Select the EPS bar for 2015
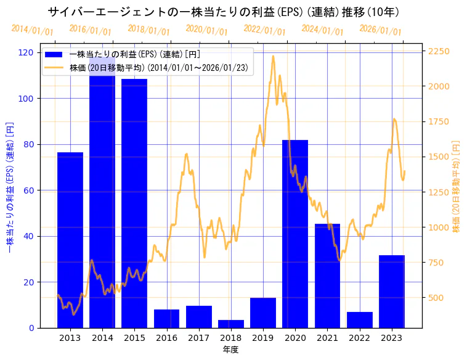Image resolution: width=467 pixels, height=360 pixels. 134,203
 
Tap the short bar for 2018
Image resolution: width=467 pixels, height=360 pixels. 231,324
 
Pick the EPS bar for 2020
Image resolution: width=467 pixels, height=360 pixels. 295,234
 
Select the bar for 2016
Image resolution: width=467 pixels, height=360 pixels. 166,319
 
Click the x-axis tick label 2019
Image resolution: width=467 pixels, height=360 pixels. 263,338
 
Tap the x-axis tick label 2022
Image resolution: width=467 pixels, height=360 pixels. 360,338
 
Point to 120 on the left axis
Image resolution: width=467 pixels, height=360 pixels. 26,52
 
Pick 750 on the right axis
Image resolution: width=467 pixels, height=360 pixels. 437,263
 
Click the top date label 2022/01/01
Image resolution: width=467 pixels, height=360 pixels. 264,30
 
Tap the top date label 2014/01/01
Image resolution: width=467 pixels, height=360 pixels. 33,30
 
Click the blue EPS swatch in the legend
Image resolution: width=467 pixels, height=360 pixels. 54,54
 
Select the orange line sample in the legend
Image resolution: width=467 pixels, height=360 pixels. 54,67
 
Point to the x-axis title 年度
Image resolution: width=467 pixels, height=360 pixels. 230,350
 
